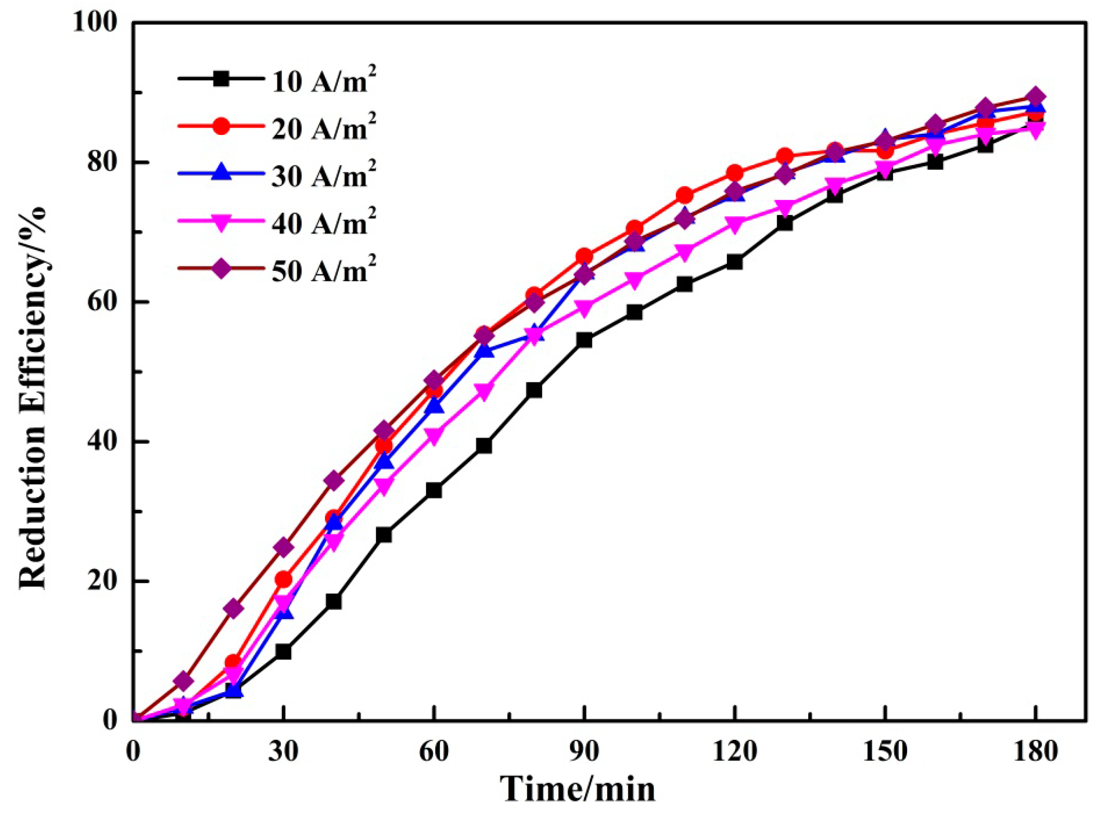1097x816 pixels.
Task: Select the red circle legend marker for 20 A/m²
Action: coord(222,127)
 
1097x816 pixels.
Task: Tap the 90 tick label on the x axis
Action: coord(584,752)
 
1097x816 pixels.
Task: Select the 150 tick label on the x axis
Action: coord(884,752)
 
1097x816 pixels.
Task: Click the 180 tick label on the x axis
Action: coord(1035,752)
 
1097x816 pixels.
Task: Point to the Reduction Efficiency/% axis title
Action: coord(34,370)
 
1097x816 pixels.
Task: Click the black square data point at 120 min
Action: coord(734,262)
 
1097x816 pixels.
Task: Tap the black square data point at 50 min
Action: coord(383,535)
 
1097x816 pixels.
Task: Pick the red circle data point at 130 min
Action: coord(785,157)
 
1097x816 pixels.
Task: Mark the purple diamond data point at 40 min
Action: coord(333,480)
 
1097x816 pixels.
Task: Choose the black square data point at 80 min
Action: coord(534,390)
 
